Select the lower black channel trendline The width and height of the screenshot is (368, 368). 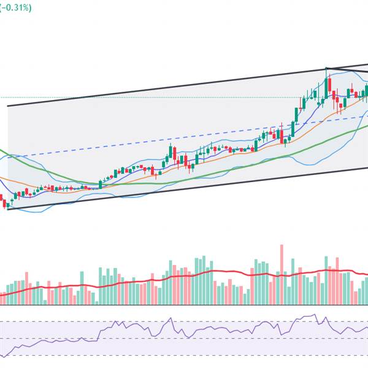tap(184, 189)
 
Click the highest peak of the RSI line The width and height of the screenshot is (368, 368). tap(315, 315)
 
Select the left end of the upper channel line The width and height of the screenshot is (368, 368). tap(8, 107)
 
